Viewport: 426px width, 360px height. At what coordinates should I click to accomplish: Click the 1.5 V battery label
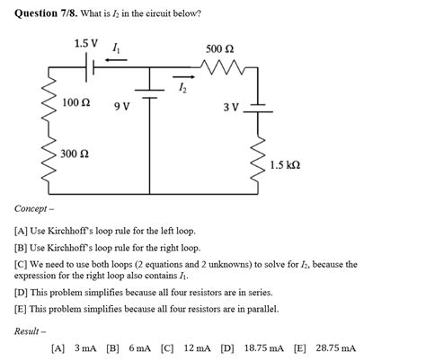pos(86,42)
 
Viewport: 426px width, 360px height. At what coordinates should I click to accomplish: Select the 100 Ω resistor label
pos(76,104)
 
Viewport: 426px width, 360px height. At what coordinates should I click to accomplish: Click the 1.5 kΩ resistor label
pos(285,166)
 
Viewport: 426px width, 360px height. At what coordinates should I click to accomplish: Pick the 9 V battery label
pos(122,107)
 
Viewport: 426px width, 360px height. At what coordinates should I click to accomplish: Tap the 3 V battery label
pos(231,108)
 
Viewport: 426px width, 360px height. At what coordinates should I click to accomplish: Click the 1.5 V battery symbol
pos(87,65)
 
